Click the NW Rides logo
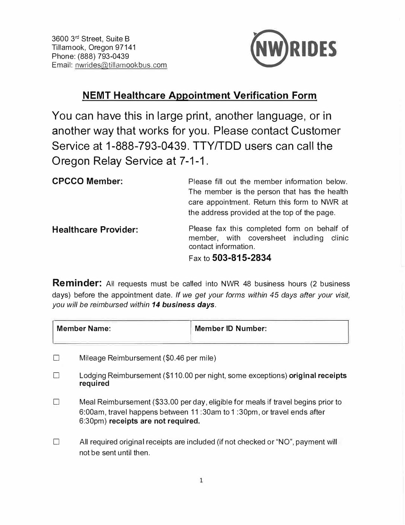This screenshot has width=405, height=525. pyautogui.click(x=294, y=48)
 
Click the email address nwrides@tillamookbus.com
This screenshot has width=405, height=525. pyautogui.click(x=121, y=65)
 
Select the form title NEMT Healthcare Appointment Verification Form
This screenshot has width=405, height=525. pyautogui.click(x=200, y=95)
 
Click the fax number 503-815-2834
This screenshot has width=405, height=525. pyautogui.click(x=242, y=258)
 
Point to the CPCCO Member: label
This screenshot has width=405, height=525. pyautogui.click(x=87, y=182)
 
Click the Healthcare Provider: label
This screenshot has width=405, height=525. pyautogui.click(x=95, y=230)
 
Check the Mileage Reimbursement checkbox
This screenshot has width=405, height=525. pyautogui.click(x=57, y=358)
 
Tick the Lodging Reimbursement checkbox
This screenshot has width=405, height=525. pyautogui.click(x=57, y=376)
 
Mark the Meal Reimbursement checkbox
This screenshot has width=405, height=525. pyautogui.click(x=57, y=402)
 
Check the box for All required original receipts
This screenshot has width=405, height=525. pyautogui.click(x=57, y=442)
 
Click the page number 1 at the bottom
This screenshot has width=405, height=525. pyautogui.click(x=201, y=480)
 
